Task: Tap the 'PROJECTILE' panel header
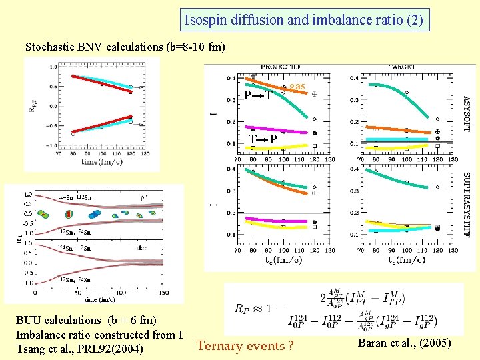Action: pyautogui.click(x=281, y=67)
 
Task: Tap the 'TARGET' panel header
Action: pyautogui.click(x=403, y=67)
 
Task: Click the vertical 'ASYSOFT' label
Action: pyautogui.click(x=465, y=113)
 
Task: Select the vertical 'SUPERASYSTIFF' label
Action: pyautogui.click(x=465, y=206)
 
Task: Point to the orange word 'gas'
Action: pyautogui.click(x=297, y=86)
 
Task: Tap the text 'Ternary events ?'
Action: pyautogui.click(x=245, y=345)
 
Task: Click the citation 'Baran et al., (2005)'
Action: pyautogui.click(x=404, y=343)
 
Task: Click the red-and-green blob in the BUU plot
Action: pyautogui.click(x=68, y=213)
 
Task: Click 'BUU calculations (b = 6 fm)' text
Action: pyautogui.click(x=86, y=321)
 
